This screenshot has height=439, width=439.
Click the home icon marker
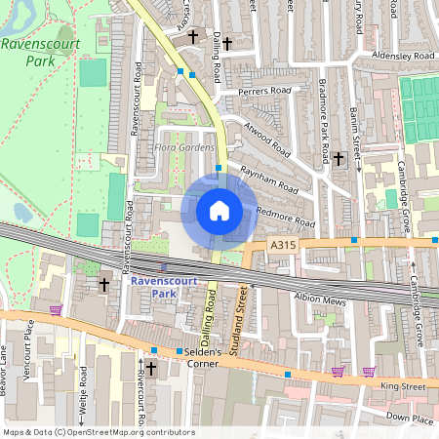pos(219,211)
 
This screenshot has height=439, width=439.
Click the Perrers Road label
pos(265,97)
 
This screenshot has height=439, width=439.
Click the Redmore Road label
pos(285,217)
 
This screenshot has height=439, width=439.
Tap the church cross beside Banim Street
pos(339,158)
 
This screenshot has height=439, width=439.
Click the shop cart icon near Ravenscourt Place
pos(56,309)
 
